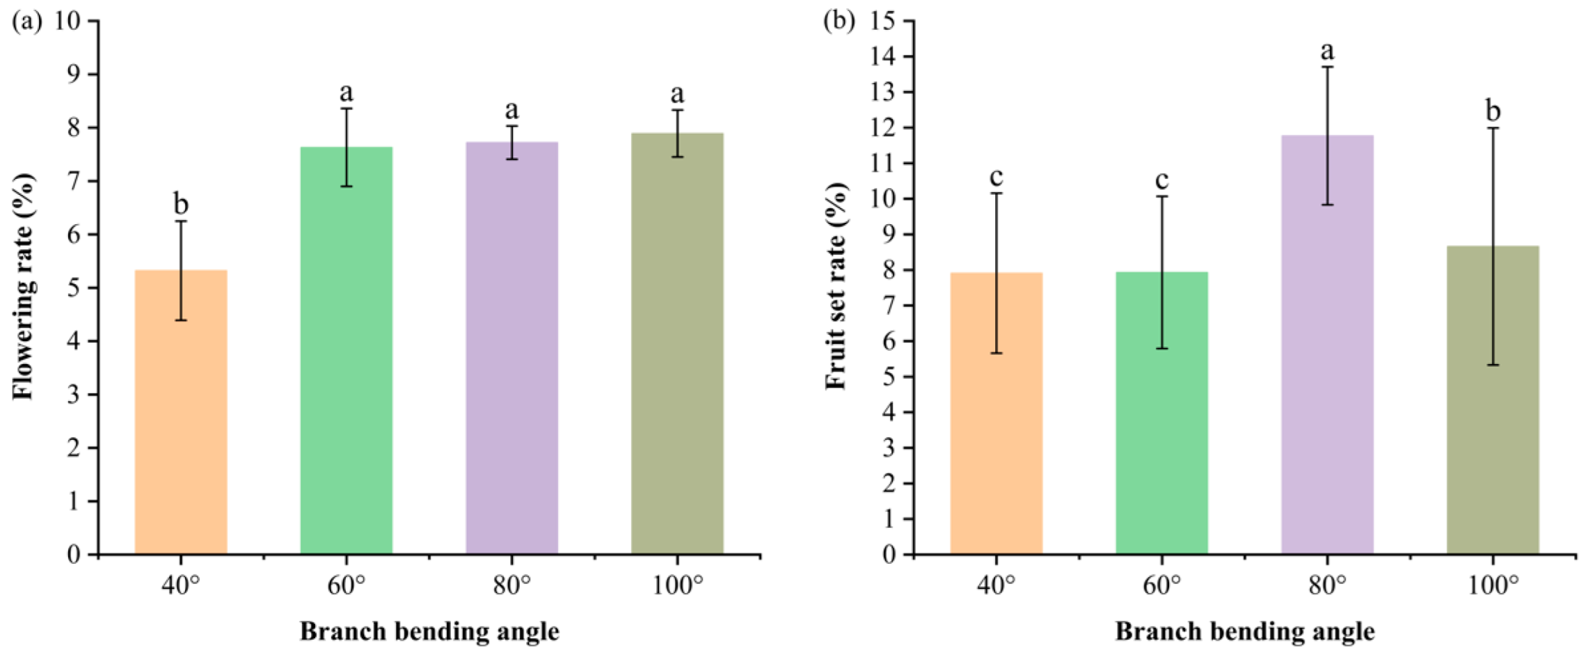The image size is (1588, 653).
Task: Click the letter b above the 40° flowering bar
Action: [x=181, y=204]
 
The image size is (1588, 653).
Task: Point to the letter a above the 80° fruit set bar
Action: [x=1327, y=51]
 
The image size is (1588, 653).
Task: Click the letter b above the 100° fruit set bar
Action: [x=1493, y=110]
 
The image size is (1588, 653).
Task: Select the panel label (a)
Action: [x=26, y=21]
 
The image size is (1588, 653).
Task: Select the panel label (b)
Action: [x=839, y=21]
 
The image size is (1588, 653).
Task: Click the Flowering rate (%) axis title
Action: [x=23, y=285]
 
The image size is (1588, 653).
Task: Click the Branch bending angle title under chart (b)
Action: [x=1244, y=631]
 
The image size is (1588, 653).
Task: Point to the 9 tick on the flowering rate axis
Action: [x=74, y=74]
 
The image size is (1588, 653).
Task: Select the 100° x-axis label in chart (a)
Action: [x=678, y=586]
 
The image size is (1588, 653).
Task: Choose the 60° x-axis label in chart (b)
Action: [x=1161, y=586]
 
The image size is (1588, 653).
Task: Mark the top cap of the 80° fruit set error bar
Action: [x=1327, y=67]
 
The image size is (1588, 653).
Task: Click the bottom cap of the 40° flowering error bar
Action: [x=181, y=320]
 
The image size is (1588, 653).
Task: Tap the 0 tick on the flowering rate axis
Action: [x=74, y=555]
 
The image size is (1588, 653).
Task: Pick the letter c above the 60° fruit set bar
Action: [x=1161, y=180]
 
